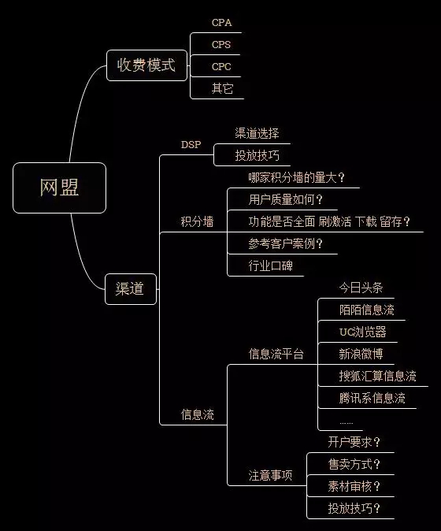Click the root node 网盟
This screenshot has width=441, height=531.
tap(59, 188)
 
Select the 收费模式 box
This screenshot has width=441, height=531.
tap(146, 65)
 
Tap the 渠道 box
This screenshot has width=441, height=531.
tap(131, 289)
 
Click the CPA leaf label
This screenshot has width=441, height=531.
tap(222, 22)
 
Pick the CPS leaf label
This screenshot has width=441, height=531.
tap(221, 44)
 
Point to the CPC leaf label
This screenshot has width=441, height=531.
tap(221, 66)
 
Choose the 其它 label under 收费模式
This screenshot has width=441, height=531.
tap(222, 88)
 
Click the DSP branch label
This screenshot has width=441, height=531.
tap(191, 145)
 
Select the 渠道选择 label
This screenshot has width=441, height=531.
tap(257, 133)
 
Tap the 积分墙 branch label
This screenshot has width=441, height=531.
tap(197, 222)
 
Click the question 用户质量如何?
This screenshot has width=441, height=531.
tap(286, 199)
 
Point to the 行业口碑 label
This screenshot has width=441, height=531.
tap(270, 265)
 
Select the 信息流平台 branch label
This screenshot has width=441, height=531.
tap(276, 354)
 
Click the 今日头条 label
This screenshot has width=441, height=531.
tap(361, 288)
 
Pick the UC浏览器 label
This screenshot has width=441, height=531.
tap(362, 332)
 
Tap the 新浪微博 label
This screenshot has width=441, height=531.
tap(361, 354)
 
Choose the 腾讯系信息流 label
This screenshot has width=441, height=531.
tap(372, 398)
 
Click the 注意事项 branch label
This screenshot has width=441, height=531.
tap(270, 476)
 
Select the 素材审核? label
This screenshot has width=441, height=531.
tap(354, 486)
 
